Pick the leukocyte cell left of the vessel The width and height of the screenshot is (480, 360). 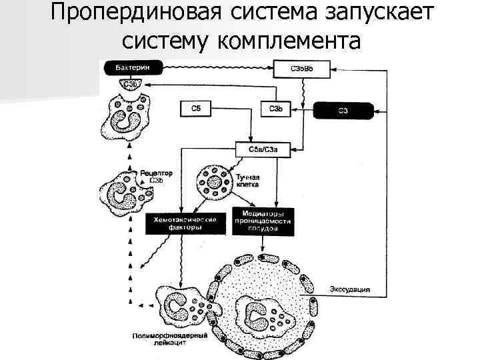coord(181,305)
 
